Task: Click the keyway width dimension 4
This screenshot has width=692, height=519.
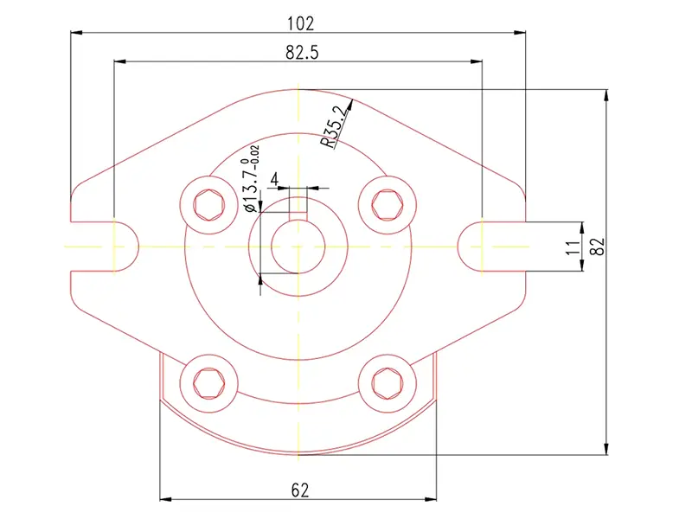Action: click(275, 179)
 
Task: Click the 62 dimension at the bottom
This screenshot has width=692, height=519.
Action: click(299, 490)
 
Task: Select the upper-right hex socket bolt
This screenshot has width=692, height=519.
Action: click(386, 203)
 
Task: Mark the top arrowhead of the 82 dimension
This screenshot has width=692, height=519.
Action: click(606, 93)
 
